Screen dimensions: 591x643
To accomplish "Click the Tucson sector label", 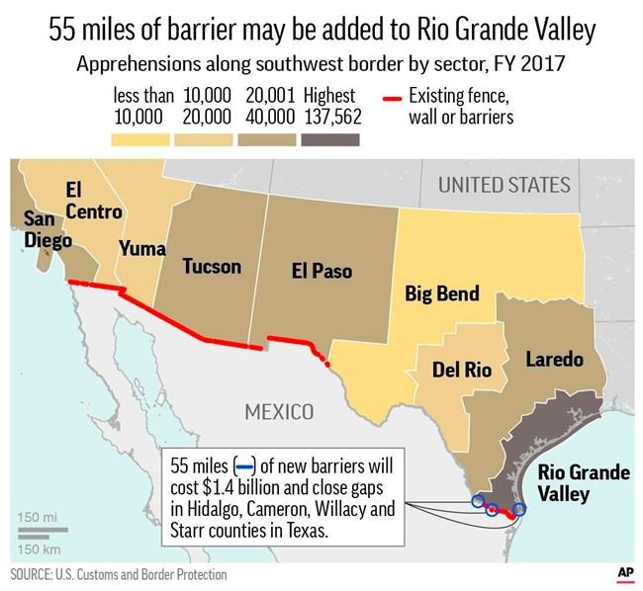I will tap(211, 266).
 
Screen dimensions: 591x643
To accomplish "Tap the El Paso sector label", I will tap(321, 270).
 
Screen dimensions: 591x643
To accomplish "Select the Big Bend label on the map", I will tap(442, 294).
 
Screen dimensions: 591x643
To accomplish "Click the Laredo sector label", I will tap(554, 359).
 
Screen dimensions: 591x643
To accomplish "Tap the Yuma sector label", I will tap(142, 249).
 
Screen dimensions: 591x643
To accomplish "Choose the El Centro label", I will tap(93, 200).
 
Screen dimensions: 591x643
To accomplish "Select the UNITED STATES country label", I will tap(504, 185).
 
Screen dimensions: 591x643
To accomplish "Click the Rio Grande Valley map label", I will tap(582, 482).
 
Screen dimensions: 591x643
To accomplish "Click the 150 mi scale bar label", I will tap(36, 518).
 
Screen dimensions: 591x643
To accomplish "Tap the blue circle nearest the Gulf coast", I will tap(519, 509).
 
